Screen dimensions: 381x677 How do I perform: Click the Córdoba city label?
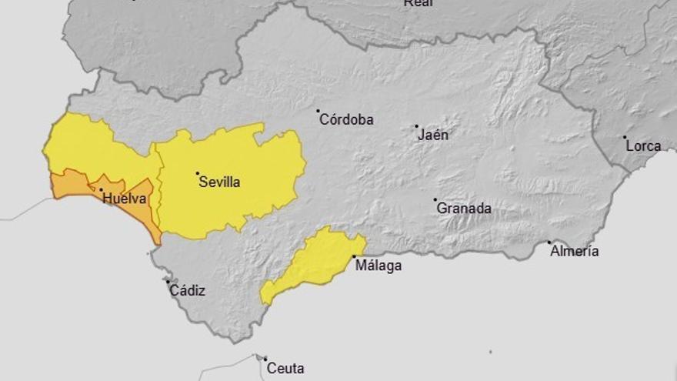pyautogui.click(x=347, y=120)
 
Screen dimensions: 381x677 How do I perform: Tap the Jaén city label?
pyautogui.click(x=433, y=135)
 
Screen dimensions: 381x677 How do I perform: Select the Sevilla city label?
pyautogui.click(x=219, y=182)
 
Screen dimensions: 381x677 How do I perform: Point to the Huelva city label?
pyautogui.click(x=125, y=199)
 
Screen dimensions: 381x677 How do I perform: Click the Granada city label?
pyautogui.click(x=464, y=209)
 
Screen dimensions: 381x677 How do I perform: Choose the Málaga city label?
pyautogui.click(x=379, y=266)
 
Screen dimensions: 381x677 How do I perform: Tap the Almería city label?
pyautogui.click(x=575, y=251)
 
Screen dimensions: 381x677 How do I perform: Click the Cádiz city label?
pyautogui.click(x=188, y=291)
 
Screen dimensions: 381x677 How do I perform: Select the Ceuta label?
pyautogui.click(x=285, y=369)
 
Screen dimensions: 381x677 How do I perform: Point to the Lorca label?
pyautogui.click(x=643, y=146)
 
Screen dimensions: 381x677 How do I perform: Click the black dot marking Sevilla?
pyautogui.click(x=197, y=173)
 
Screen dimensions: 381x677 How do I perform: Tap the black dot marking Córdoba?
pyautogui.click(x=318, y=111)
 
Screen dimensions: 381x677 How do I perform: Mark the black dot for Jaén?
pyautogui.click(x=417, y=126)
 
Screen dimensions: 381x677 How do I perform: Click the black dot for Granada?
pyautogui.click(x=435, y=199)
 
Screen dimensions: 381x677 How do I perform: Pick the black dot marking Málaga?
pyautogui.click(x=354, y=257)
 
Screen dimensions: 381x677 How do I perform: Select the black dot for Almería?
pyautogui.click(x=549, y=242)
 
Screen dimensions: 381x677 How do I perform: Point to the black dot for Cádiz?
pyautogui.click(x=168, y=282)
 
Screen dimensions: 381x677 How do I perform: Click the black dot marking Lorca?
pyautogui.click(x=625, y=138)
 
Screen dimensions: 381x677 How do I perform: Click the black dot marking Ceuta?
pyautogui.click(x=265, y=359)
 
